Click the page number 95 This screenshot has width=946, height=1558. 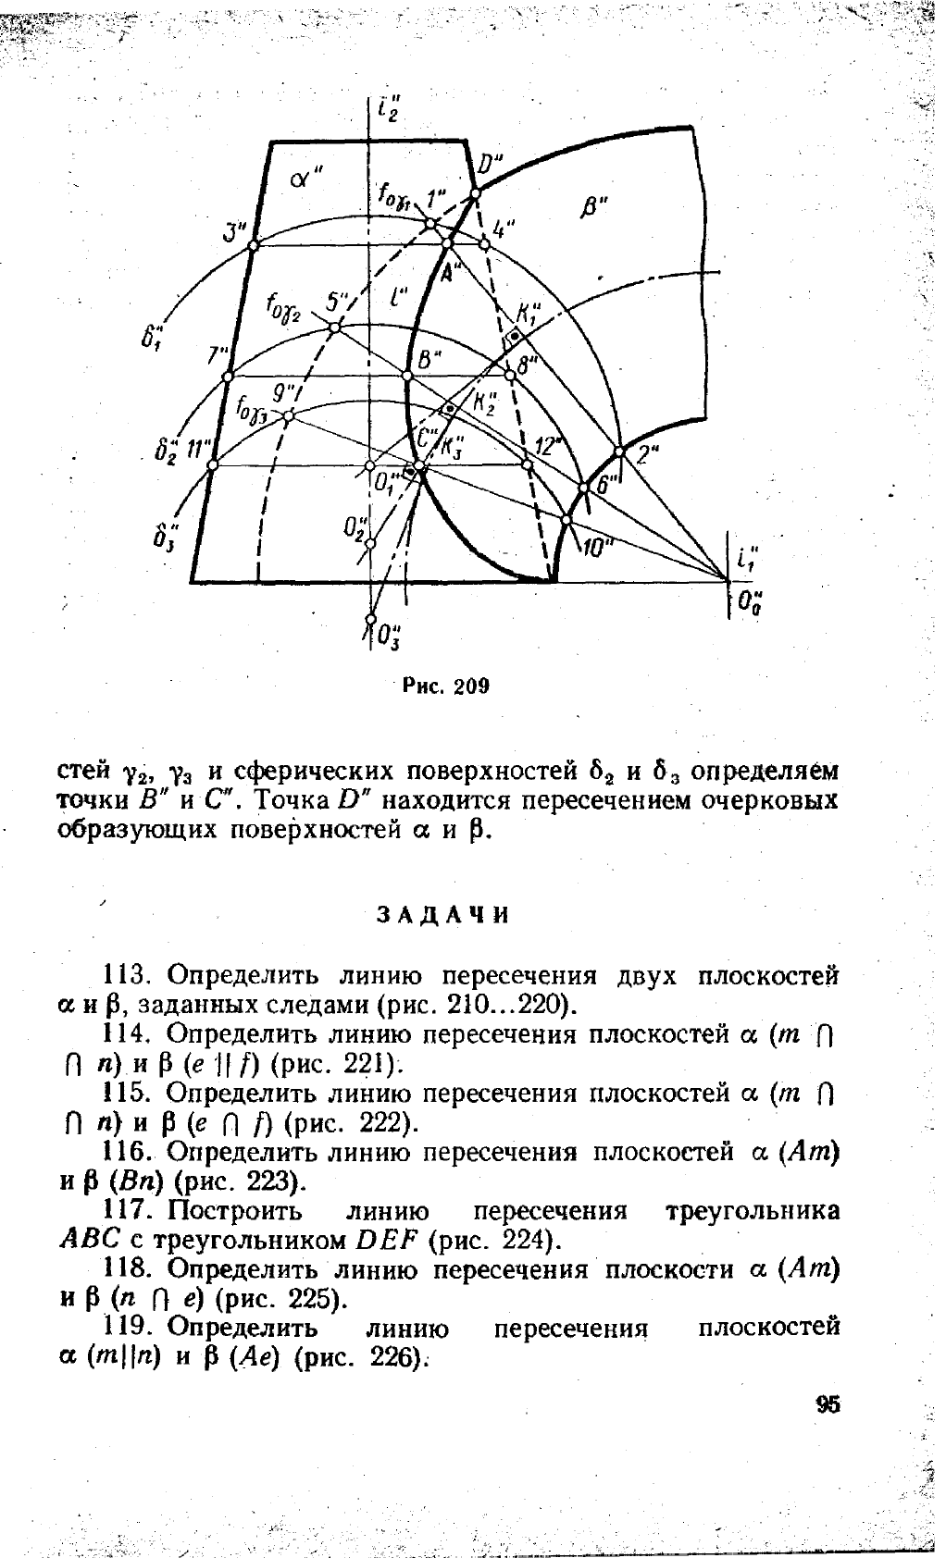(x=828, y=1404)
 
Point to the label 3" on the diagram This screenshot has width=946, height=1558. (x=235, y=229)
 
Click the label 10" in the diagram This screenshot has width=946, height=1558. (x=597, y=548)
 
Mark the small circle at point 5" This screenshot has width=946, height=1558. (x=336, y=328)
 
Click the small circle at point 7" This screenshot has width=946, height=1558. (x=229, y=377)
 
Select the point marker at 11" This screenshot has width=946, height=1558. (x=212, y=465)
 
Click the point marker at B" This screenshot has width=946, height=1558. (x=407, y=376)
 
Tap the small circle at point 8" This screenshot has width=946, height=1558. (x=509, y=376)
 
